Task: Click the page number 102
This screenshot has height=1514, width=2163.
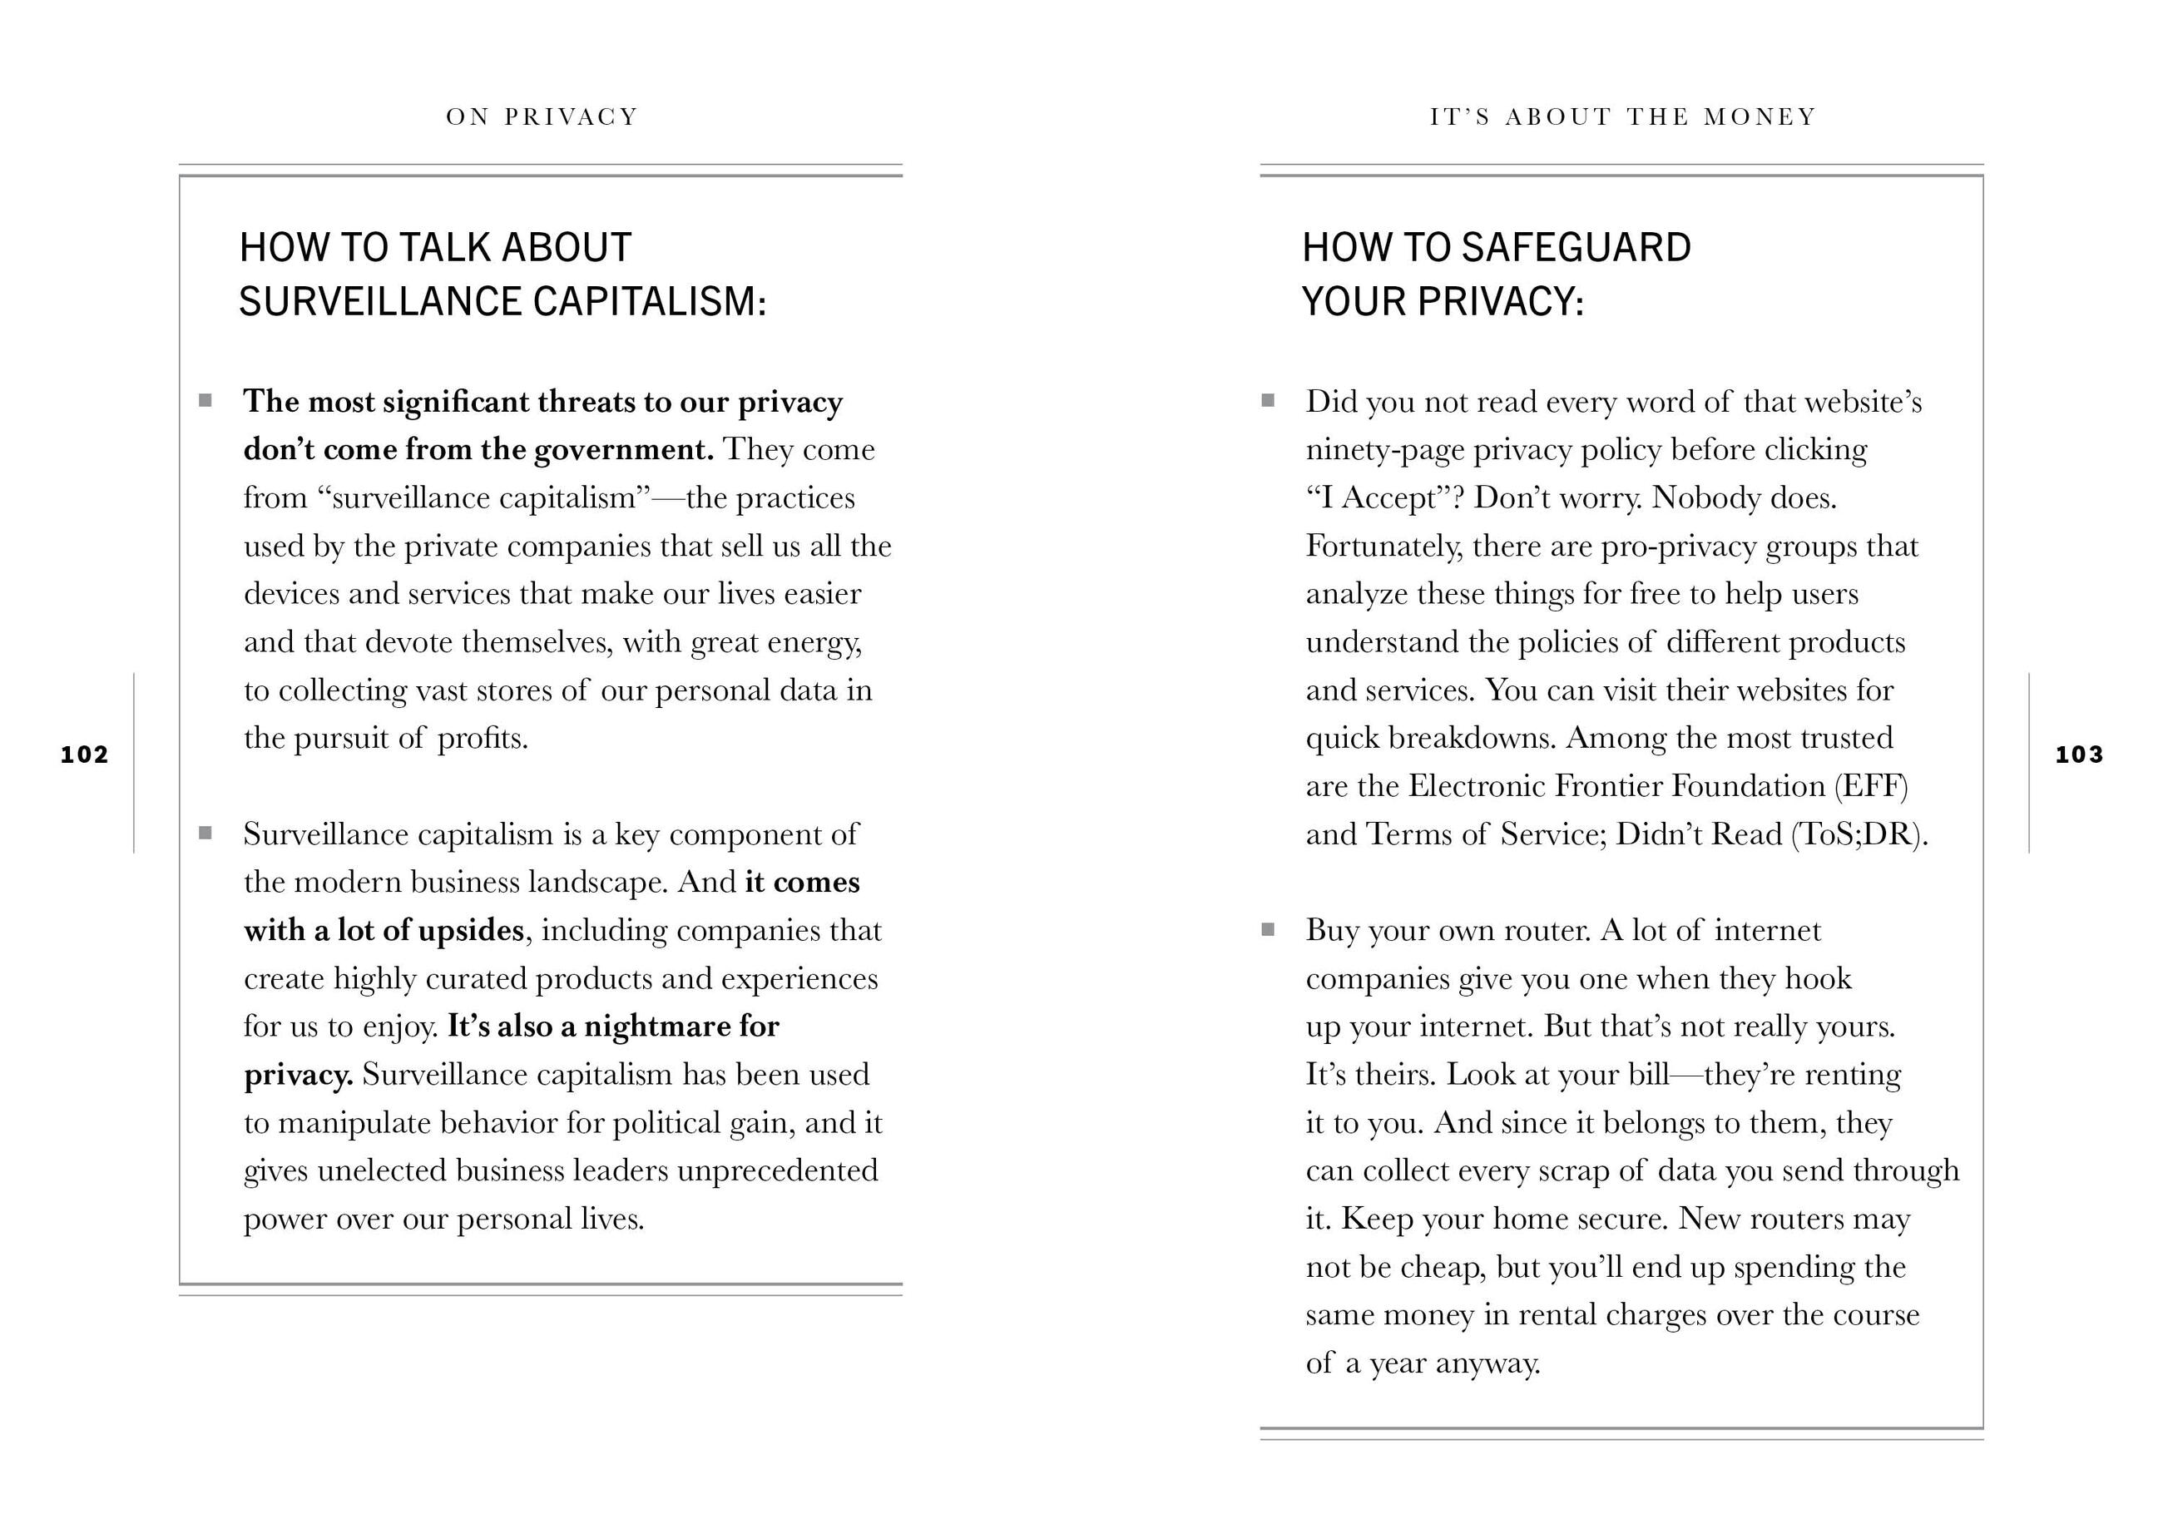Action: [85, 755]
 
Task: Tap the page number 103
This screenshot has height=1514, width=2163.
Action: [2079, 755]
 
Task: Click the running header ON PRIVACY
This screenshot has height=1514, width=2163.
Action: [542, 116]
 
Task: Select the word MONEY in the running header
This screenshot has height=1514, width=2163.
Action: [1760, 116]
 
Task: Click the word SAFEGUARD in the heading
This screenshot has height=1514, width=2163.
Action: [1576, 248]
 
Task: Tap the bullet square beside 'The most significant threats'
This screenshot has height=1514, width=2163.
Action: [205, 400]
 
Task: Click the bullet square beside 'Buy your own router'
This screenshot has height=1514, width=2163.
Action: [1268, 930]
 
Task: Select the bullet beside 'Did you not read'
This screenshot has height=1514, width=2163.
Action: [1268, 400]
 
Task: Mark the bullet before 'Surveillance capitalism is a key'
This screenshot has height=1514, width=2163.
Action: [205, 833]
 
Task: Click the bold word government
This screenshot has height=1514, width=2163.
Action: [624, 450]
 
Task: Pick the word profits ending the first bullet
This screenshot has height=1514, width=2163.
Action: [482, 739]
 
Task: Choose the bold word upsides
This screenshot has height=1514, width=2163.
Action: [471, 931]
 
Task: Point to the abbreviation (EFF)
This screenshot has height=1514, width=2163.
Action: [1870, 787]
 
